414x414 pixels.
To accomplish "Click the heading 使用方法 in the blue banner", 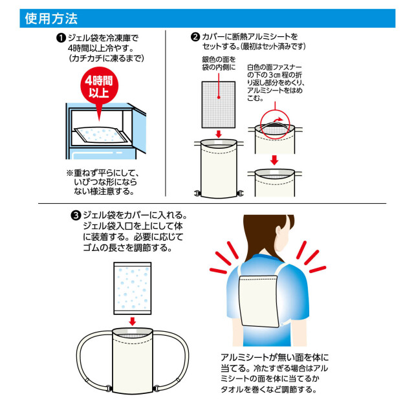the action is pyautogui.click(x=51, y=19).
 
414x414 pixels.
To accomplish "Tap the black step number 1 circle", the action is pyautogui.click(x=61, y=38).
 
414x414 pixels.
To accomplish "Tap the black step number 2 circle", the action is pyautogui.click(x=195, y=37).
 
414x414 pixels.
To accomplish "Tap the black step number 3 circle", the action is pyautogui.click(x=76, y=215).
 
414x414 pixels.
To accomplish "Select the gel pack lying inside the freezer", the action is pyautogui.click(x=101, y=135).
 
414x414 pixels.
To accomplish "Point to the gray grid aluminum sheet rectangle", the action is pyautogui.click(x=219, y=105).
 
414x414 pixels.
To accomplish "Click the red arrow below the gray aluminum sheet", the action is pyautogui.click(x=219, y=134).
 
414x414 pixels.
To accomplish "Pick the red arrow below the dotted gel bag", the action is pyautogui.click(x=132, y=321).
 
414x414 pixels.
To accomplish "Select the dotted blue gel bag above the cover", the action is pyautogui.click(x=132, y=289).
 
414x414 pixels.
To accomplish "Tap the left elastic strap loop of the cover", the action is pyautogui.click(x=94, y=359).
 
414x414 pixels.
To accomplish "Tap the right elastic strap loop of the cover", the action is pyautogui.click(x=171, y=359).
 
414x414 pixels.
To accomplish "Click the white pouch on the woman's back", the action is pyautogui.click(x=259, y=301).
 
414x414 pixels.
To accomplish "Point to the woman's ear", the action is pyautogui.click(x=278, y=232).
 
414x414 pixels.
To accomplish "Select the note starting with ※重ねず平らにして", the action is pyautogui.click(x=103, y=182).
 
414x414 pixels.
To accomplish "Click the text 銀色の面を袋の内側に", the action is pyautogui.click(x=219, y=63).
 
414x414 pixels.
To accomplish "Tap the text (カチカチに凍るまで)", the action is pyautogui.click(x=106, y=58).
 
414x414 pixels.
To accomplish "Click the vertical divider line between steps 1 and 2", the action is pyautogui.click(x=166, y=113).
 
